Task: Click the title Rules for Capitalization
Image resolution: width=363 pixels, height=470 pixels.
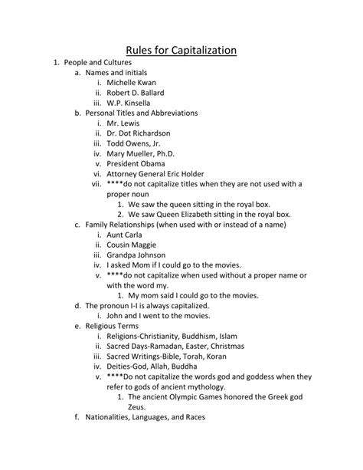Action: click(181, 51)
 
